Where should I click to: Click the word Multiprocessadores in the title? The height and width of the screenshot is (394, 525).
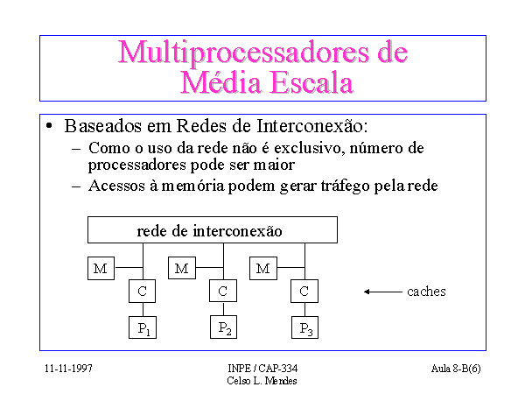244,52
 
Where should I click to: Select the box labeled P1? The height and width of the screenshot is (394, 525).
143,327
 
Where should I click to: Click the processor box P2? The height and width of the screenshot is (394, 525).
224,327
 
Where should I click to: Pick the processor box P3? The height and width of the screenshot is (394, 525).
305,327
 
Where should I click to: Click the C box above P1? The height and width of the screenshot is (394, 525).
143,292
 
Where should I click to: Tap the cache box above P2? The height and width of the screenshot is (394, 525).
223,291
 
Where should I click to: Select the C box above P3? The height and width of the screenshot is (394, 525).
304,292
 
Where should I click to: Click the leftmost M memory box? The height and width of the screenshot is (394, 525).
101,269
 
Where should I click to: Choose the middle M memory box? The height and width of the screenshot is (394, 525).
182,268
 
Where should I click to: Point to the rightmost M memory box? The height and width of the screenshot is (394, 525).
263,269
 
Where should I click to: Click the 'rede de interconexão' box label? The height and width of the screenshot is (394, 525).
210,231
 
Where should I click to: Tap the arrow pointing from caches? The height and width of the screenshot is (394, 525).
383,292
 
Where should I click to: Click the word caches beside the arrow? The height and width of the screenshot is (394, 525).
427,292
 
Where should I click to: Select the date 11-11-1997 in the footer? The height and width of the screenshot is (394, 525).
68,369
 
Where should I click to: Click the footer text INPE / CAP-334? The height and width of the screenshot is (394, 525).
262,369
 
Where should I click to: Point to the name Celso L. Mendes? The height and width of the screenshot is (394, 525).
262,381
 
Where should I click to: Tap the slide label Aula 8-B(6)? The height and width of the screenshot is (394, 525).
456,369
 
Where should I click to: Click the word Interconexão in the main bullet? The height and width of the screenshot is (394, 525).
312,126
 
